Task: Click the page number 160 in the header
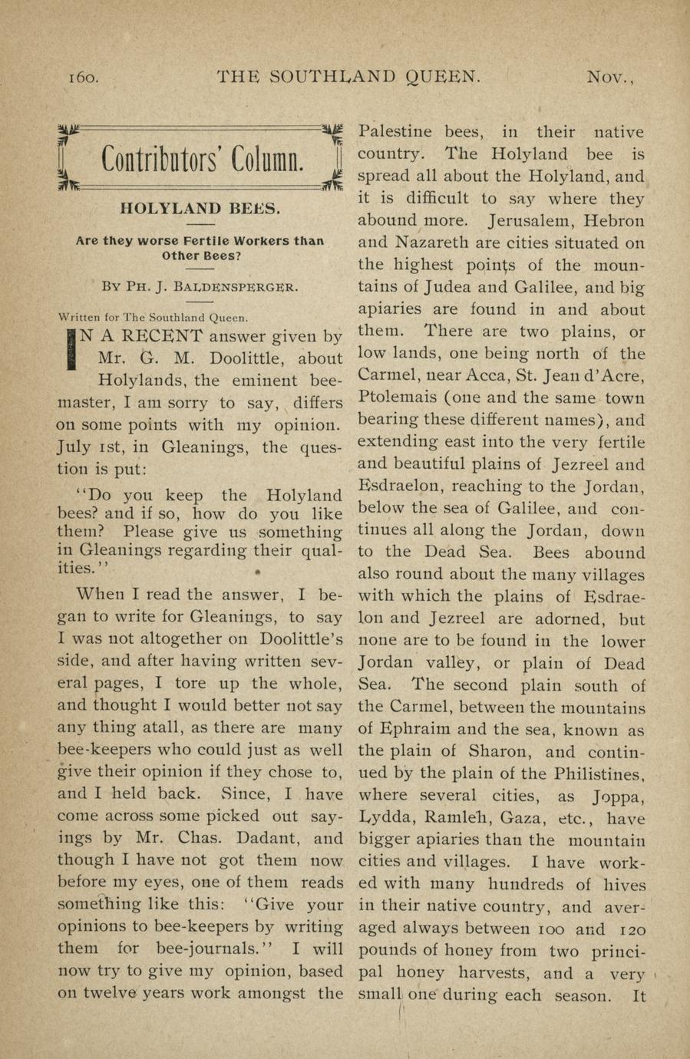coord(83,77)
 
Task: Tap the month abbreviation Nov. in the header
coord(612,77)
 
